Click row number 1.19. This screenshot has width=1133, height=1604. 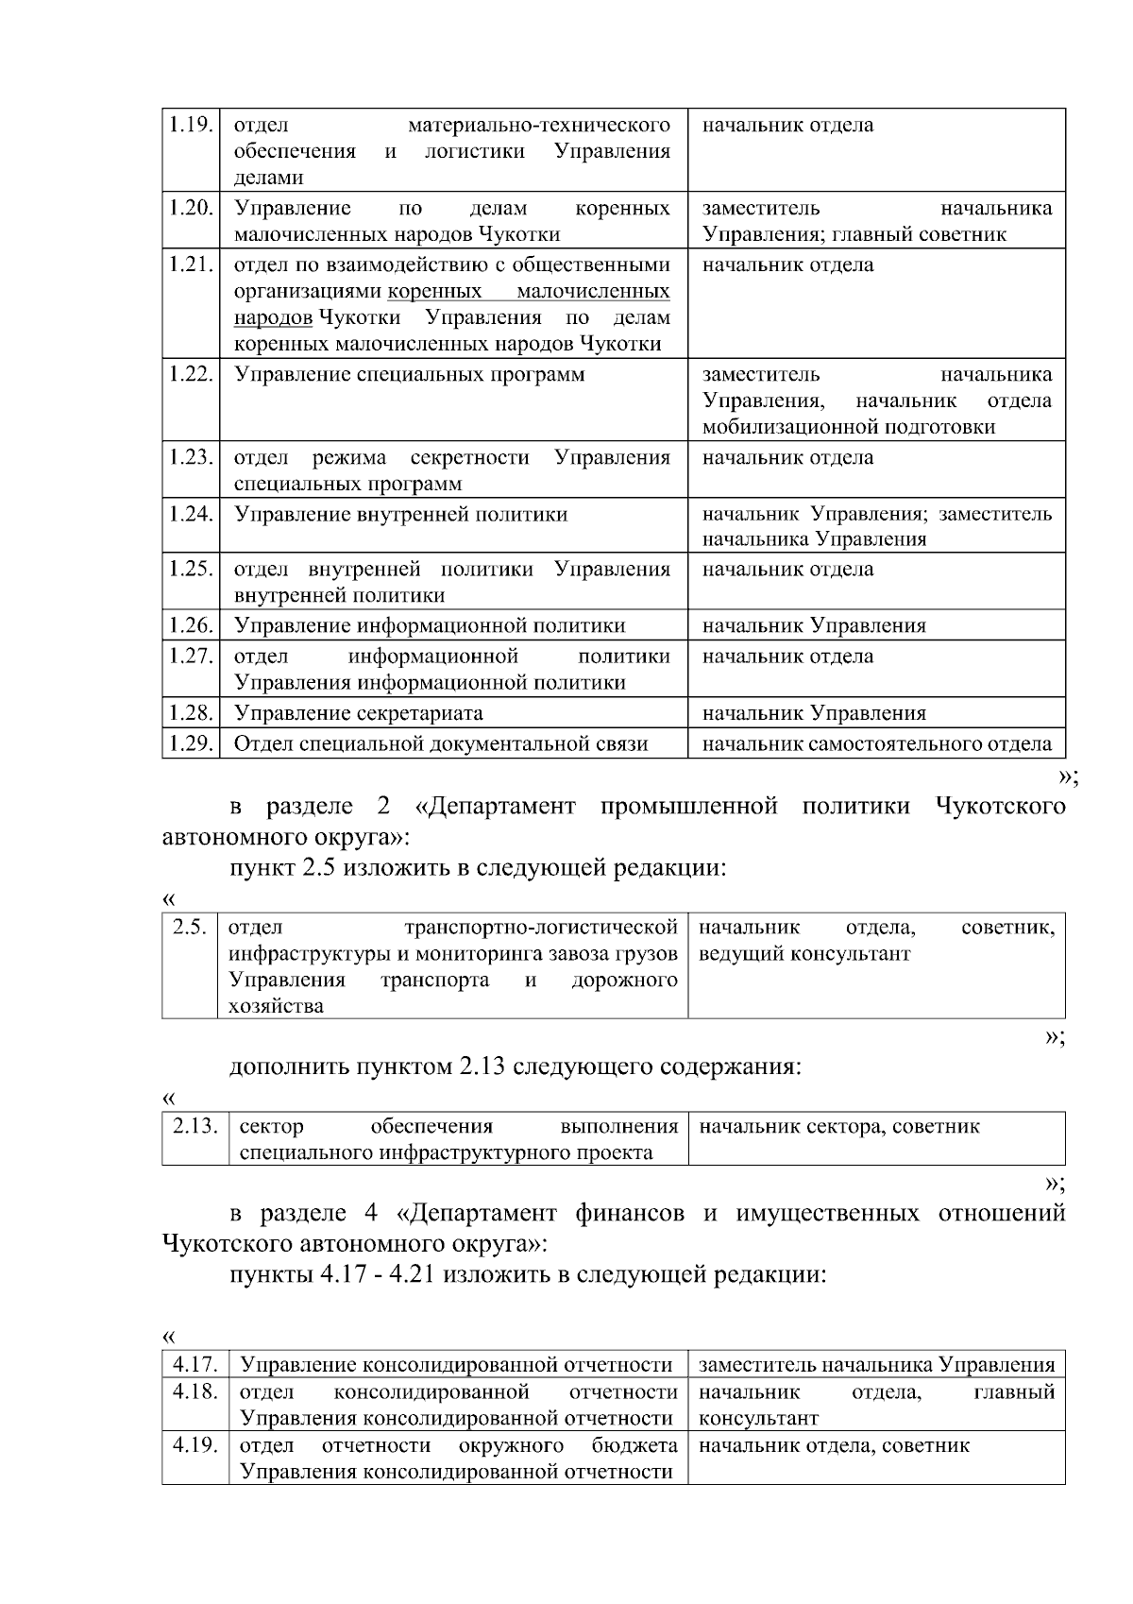190,125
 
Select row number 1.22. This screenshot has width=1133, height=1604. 190,374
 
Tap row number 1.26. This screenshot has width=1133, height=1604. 190,625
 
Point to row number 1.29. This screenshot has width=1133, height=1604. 190,743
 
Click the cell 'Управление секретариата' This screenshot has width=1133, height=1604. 359,713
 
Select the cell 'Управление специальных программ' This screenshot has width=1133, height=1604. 410,375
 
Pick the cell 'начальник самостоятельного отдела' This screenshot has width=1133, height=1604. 877,743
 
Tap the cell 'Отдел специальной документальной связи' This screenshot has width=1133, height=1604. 441,743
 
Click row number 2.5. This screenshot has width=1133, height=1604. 189,927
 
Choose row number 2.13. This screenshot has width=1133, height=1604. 194,1126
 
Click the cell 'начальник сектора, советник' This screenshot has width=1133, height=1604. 839,1126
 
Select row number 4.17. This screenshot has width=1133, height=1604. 195,1364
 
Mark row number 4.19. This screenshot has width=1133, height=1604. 195,1445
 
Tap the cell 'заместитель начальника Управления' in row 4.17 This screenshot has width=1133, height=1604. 876,1364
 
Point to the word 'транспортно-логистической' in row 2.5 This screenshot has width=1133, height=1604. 541,927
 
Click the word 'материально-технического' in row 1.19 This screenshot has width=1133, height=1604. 539,125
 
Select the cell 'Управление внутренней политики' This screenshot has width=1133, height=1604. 401,515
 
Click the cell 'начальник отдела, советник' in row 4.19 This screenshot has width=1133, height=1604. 834,1445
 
